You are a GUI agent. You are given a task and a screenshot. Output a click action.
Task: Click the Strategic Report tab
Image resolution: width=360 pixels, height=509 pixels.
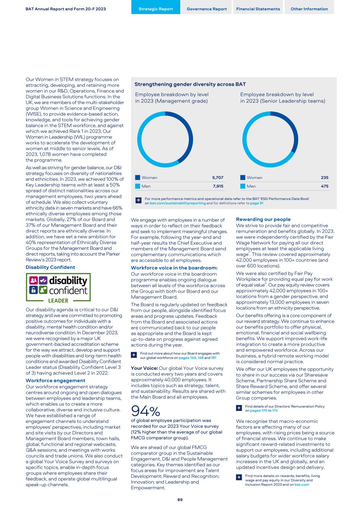[156, 9]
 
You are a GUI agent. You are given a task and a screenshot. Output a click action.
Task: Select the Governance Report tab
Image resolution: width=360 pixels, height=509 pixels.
[207, 9]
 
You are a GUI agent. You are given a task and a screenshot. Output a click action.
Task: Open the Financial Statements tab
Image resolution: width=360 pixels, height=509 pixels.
[258, 9]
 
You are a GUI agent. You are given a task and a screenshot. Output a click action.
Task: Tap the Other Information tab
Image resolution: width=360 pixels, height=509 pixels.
[309, 9]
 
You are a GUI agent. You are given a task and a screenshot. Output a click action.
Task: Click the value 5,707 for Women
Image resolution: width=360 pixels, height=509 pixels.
[218, 178]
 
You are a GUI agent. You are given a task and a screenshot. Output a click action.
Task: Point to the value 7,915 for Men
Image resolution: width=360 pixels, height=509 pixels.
[218, 186]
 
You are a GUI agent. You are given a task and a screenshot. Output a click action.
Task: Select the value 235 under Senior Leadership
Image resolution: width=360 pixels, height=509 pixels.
[324, 178]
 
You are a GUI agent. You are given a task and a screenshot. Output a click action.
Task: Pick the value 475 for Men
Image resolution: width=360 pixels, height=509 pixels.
[324, 186]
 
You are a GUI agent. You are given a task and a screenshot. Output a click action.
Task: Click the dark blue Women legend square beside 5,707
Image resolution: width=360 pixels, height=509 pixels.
[138, 178]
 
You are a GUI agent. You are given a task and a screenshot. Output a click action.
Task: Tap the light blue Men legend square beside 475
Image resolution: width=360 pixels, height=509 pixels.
[243, 186]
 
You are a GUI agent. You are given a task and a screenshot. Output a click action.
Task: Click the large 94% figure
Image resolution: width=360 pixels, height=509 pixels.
[145, 411]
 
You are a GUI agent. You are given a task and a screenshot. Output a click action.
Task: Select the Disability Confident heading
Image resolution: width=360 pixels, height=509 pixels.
[50, 267]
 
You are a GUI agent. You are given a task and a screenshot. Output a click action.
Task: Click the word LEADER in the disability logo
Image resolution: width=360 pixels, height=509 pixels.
[59, 301]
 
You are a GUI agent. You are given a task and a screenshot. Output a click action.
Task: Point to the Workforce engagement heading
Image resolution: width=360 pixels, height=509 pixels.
[56, 381]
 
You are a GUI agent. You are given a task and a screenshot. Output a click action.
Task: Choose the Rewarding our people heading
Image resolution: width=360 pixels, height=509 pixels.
[263, 220]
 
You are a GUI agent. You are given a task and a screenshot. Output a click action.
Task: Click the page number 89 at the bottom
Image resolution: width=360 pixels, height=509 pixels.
[180, 500]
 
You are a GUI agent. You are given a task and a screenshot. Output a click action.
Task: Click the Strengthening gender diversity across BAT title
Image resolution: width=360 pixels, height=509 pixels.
[190, 85]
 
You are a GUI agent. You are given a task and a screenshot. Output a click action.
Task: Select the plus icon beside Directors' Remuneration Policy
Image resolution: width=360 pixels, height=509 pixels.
[239, 408]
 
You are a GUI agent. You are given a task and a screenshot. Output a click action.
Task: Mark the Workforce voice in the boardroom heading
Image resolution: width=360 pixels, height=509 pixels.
[174, 268]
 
